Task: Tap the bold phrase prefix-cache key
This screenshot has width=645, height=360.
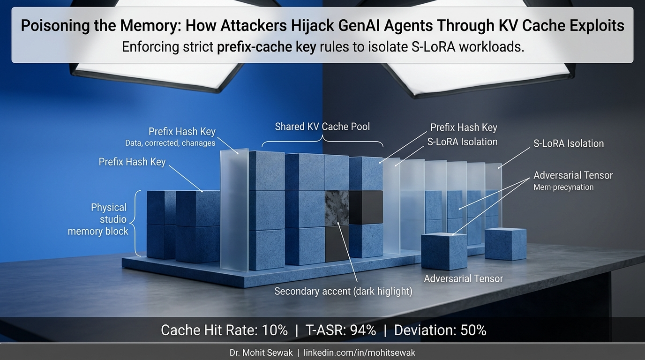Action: tap(266, 47)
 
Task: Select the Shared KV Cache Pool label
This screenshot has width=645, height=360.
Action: tap(322, 127)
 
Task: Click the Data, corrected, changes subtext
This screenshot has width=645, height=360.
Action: tap(170, 143)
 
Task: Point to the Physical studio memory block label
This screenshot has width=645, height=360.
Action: tap(98, 219)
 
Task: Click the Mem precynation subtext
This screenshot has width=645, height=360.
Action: tap(563, 187)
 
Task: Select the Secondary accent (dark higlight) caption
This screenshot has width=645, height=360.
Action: tap(343, 291)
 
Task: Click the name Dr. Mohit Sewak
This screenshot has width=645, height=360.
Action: tap(261, 352)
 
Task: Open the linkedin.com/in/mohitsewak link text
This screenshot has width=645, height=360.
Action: tap(360, 352)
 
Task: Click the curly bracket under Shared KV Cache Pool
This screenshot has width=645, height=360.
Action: tap(322, 141)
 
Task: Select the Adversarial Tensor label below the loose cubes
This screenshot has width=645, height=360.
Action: tap(463, 278)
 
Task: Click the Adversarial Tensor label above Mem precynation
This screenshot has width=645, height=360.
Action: tap(573, 175)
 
